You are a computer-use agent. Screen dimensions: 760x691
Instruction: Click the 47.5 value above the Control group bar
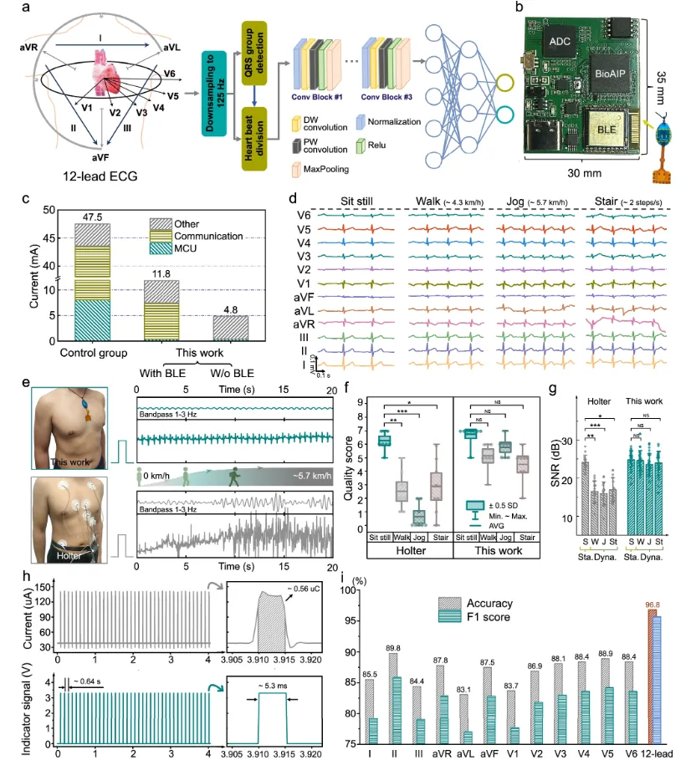87,216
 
